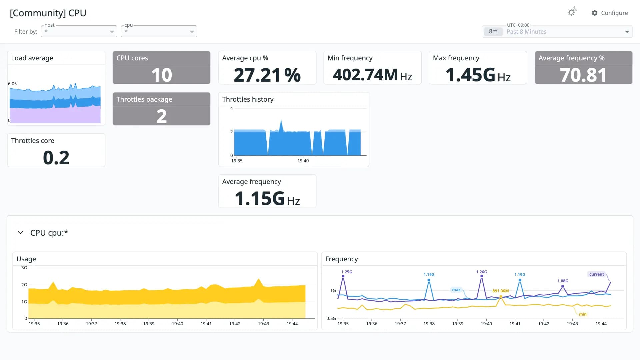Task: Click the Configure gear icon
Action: pos(594,13)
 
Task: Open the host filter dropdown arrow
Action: pos(112,32)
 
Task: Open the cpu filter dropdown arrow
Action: pos(192,32)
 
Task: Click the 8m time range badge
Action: pos(493,32)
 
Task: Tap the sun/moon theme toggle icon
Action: pos(572,12)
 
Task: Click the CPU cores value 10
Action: pos(162,75)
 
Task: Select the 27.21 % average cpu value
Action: pos(267,75)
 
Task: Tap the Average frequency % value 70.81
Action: pos(583,75)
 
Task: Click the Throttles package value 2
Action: pos(162,116)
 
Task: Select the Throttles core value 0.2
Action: pos(56,158)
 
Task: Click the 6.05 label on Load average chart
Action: pos(12,84)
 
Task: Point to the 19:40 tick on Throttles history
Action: pos(303,161)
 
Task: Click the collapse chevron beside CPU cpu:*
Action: pos(20,233)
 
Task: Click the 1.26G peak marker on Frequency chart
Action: pos(482,276)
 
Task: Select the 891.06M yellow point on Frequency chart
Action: pos(501,296)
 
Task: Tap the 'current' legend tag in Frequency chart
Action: pos(596,274)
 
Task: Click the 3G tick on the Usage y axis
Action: pos(24,268)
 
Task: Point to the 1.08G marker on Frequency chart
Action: pos(563,286)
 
